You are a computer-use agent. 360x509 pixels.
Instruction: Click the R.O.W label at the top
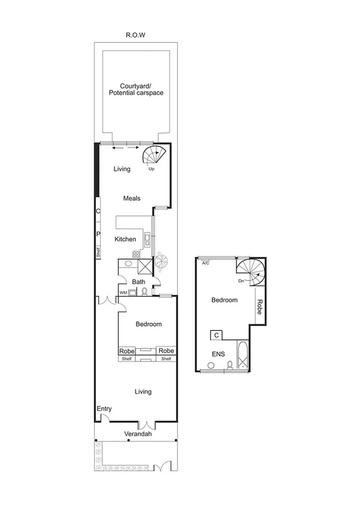pyautogui.click(x=135, y=35)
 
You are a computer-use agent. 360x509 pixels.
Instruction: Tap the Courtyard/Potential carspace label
pyautogui.click(x=136, y=89)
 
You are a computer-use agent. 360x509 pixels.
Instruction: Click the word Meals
pyautogui.click(x=132, y=198)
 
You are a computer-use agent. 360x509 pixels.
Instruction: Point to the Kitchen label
pyautogui.click(x=125, y=239)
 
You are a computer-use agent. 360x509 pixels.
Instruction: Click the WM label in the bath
pyautogui.click(x=123, y=293)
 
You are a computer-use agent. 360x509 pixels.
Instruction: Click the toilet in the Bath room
pyautogui.click(x=144, y=292)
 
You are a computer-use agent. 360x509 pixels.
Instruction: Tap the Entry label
pyautogui.click(x=104, y=409)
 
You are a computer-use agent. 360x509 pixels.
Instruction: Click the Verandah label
pyautogui.click(x=136, y=435)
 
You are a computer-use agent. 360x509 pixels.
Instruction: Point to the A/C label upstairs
pyautogui.click(x=205, y=263)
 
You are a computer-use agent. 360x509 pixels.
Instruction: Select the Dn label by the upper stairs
pyautogui.click(x=240, y=281)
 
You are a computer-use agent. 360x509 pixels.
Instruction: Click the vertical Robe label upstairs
pyautogui.click(x=260, y=307)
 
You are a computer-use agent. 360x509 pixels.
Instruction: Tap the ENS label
pyautogui.click(x=218, y=354)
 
